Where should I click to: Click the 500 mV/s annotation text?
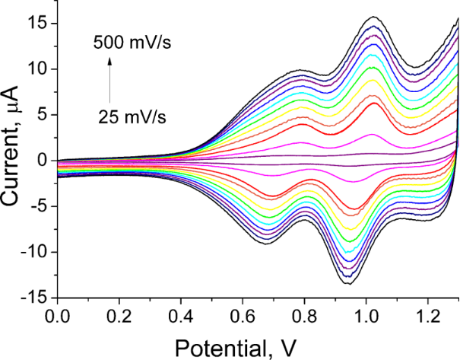coord(133,43)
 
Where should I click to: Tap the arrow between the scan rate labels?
coord(109,78)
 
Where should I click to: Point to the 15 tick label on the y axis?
coord(40,24)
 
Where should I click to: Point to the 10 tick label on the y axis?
coord(40,69)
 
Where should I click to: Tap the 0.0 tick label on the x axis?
coord(57,314)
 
